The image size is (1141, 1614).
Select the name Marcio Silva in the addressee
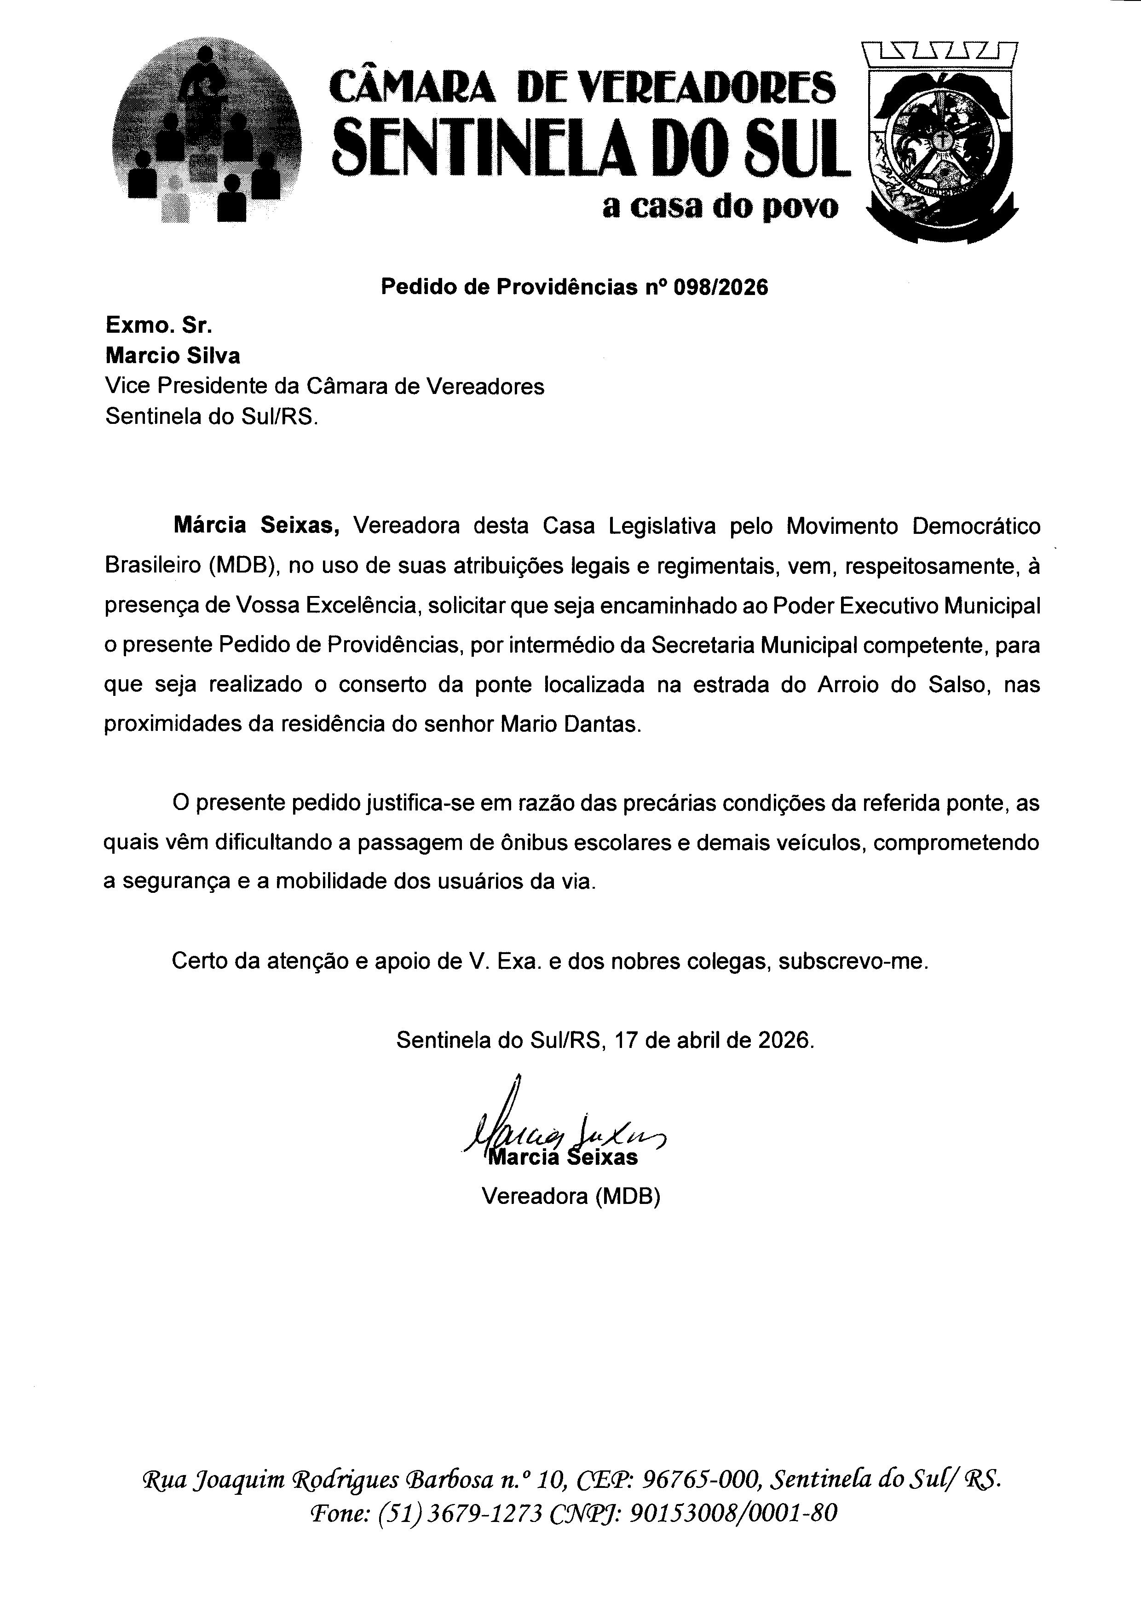coord(172,356)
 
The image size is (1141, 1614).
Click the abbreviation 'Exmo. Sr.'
coord(159,325)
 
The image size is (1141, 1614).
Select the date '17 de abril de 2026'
coord(714,1040)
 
